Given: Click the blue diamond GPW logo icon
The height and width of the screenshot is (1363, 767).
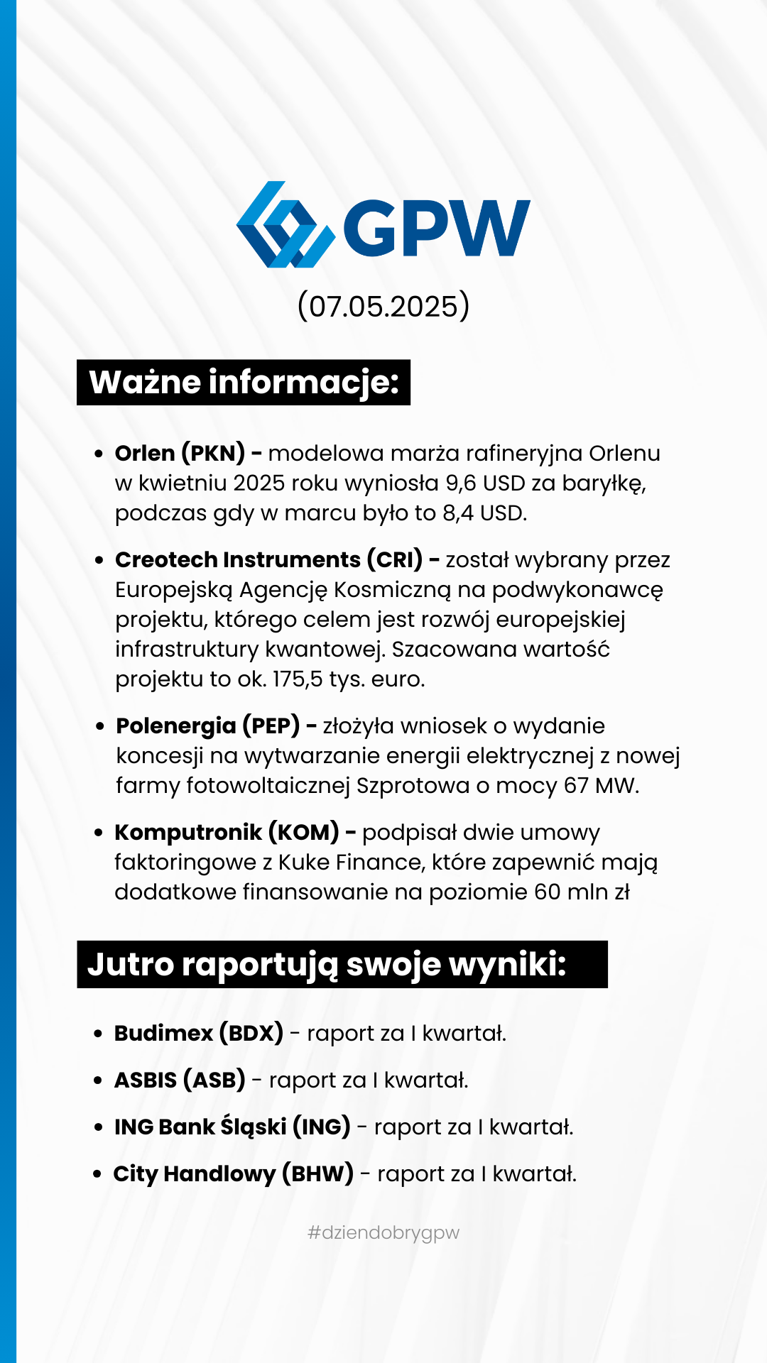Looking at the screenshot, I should click(x=285, y=225).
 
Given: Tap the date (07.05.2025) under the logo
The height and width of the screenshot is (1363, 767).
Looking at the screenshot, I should click(x=383, y=307).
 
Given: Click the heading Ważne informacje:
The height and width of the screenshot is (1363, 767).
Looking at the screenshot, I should click(x=244, y=383).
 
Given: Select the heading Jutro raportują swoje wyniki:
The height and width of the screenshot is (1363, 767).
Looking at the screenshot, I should click(x=327, y=965).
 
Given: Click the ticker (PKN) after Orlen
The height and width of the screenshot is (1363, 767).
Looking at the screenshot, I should click(x=213, y=453).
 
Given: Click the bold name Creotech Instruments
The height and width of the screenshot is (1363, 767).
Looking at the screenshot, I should click(x=237, y=560).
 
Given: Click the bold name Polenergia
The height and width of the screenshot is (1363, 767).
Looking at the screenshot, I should click(x=176, y=726).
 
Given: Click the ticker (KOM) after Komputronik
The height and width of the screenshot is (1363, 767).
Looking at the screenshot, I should click(x=303, y=833).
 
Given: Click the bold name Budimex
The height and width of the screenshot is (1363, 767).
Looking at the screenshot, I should click(x=163, y=1034).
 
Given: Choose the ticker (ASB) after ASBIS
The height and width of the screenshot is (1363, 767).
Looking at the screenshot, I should click(x=214, y=1080).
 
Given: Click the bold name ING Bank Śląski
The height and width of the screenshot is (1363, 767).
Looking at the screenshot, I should click(x=200, y=1127).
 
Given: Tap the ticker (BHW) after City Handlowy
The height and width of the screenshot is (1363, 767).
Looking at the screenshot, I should click(x=317, y=1174).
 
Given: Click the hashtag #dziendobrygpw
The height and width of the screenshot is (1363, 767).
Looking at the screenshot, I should click(x=383, y=1233).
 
